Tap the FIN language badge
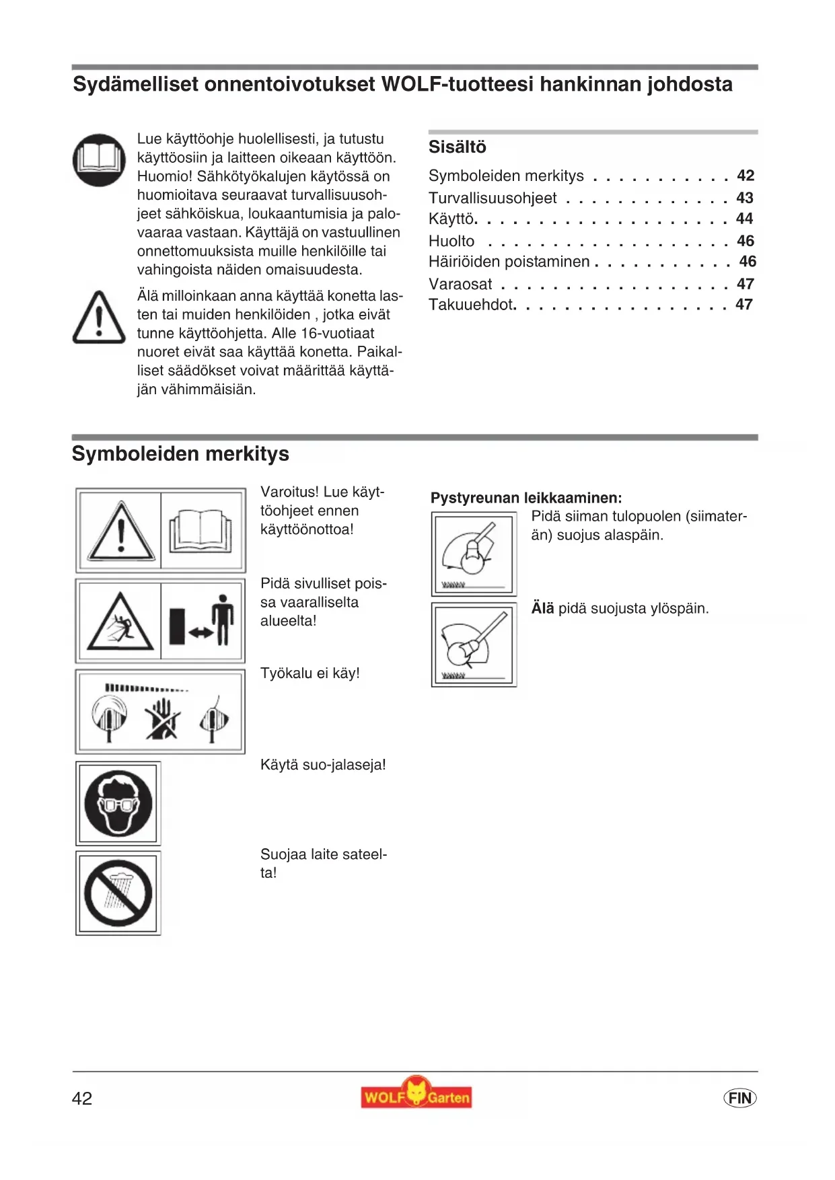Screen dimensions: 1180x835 [x=739, y=1098]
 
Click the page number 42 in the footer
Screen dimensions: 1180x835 [x=82, y=1099]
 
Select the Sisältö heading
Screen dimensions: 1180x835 [x=457, y=147]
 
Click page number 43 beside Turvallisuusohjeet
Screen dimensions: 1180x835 [x=744, y=198]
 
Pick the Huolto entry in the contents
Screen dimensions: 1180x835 [x=451, y=241]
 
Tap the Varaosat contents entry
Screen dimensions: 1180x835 [x=460, y=284]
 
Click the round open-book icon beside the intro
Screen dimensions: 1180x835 [x=99, y=160]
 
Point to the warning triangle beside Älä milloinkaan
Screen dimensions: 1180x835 [x=99, y=318]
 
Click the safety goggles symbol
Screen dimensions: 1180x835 [x=118, y=803]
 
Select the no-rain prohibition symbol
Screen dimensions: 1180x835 [x=118, y=893]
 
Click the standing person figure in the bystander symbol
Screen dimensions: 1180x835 [x=222, y=620]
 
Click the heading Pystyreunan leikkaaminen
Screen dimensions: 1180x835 [x=526, y=498]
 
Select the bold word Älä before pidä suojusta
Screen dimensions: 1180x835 [x=542, y=608]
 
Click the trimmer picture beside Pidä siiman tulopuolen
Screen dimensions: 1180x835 [x=474, y=554]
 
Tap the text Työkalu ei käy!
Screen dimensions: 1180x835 [x=310, y=673]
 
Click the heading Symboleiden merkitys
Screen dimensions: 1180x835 [x=180, y=454]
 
